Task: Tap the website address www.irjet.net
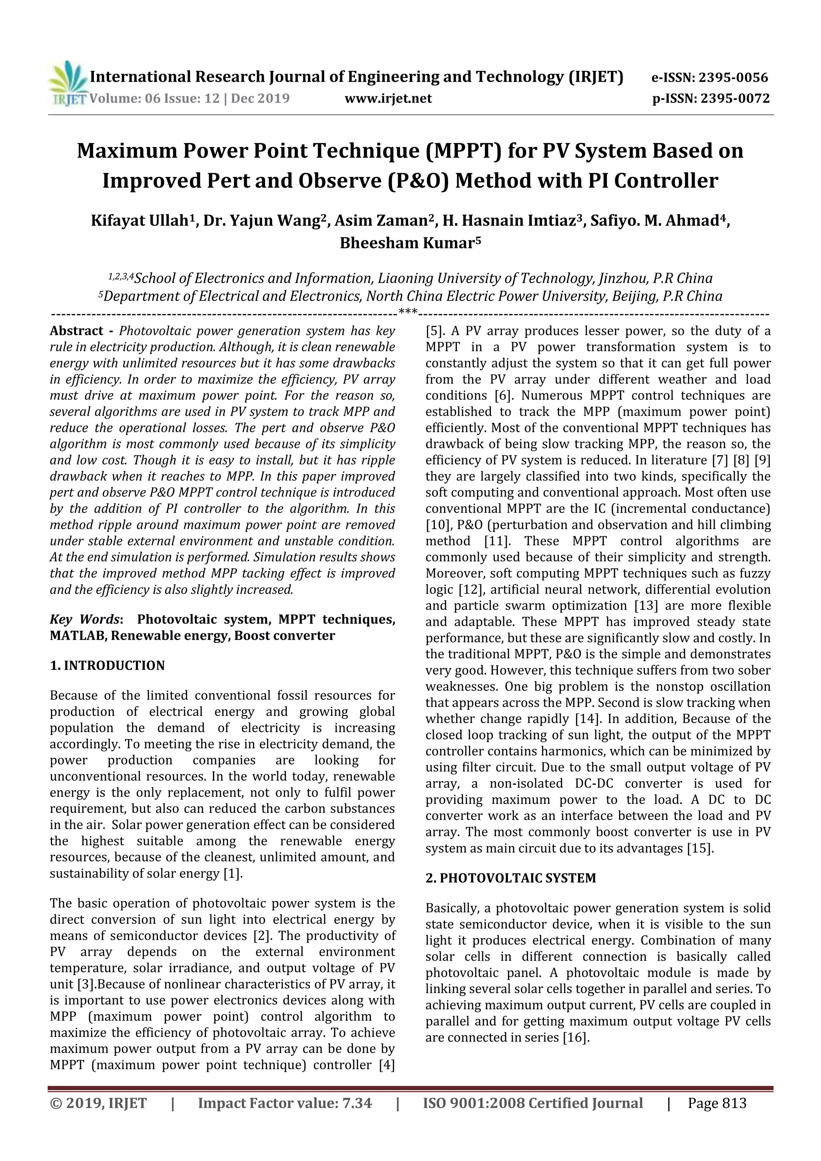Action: point(388,99)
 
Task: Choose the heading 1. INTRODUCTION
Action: point(107,665)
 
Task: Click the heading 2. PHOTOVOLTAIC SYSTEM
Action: point(510,878)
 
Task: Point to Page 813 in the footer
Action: point(717,1103)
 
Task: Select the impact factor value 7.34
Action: point(357,1103)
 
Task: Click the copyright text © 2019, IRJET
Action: point(99,1103)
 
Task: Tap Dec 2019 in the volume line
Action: point(261,99)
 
